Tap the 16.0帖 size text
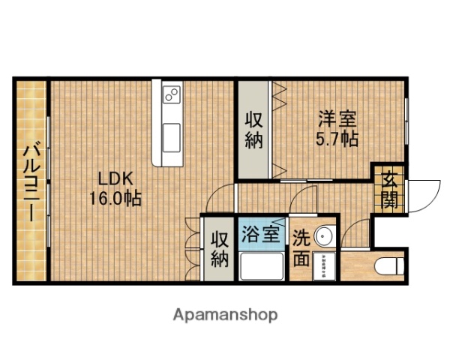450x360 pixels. [117, 199]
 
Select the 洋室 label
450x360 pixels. [336, 118]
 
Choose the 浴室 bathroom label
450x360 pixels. [261, 233]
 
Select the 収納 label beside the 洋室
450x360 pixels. [254, 129]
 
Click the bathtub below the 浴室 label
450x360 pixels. [261, 265]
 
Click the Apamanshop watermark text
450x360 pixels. [226, 314]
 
